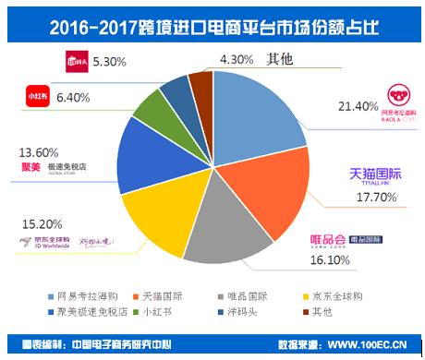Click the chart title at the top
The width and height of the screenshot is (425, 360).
point(212,20)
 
